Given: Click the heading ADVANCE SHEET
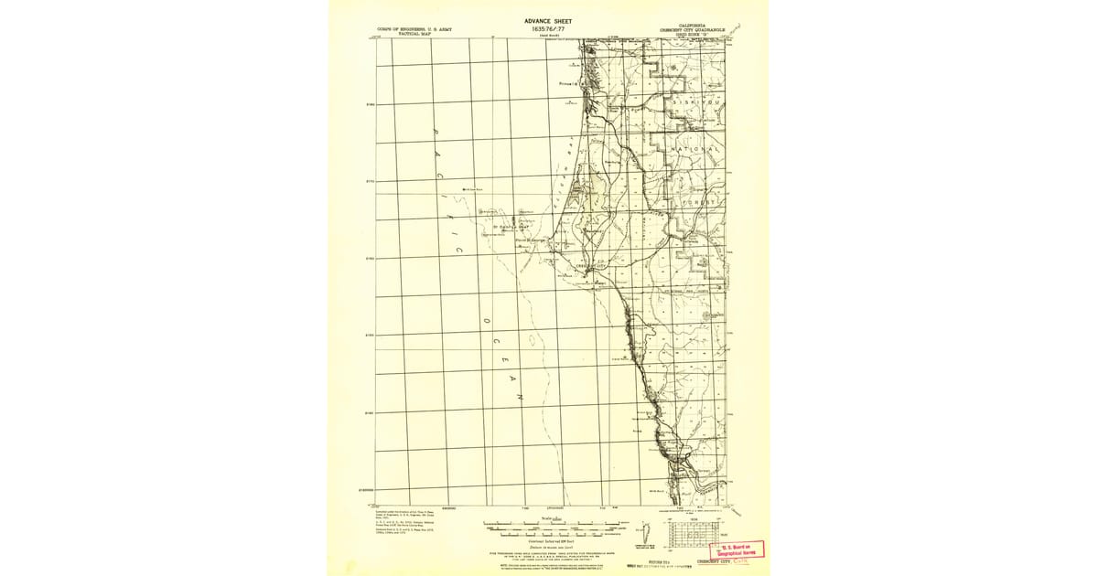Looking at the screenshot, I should tap(549, 20).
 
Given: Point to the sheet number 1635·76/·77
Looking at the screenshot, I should tap(549, 29).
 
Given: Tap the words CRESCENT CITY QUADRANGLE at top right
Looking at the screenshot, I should tap(687, 30).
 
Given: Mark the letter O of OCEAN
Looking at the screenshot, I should tap(487, 321).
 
